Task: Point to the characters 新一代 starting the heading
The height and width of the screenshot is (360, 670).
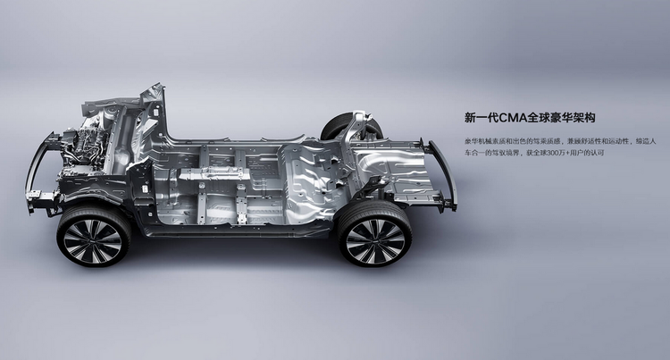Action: tap(482, 117)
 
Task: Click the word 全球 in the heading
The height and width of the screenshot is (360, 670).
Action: tap(539, 117)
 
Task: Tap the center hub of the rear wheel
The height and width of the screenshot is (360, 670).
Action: tap(374, 241)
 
